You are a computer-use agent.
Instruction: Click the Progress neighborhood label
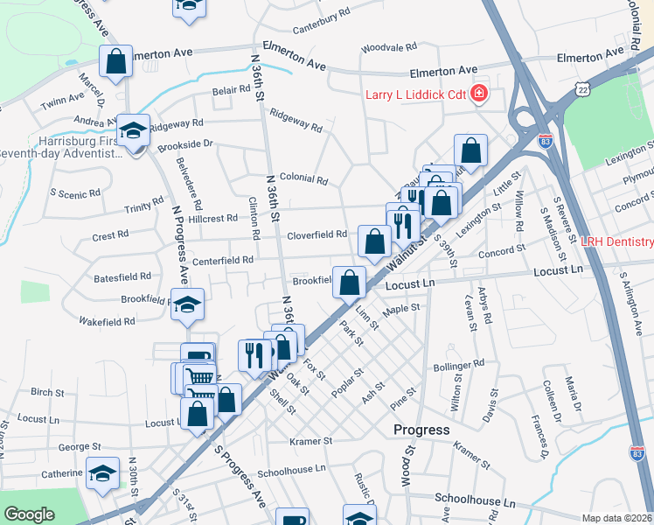click(421, 430)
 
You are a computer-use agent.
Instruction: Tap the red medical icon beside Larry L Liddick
click(479, 94)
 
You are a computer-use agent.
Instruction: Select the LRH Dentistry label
click(618, 241)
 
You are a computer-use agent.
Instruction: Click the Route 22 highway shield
click(582, 89)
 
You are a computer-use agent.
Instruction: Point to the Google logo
click(29, 514)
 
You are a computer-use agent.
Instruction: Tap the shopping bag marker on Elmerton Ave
click(115, 62)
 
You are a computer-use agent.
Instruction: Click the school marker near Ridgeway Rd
click(133, 130)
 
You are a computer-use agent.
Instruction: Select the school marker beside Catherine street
click(103, 473)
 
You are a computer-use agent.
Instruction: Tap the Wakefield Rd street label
click(106, 321)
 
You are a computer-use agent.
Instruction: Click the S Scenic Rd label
click(76, 192)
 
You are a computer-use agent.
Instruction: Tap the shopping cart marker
click(201, 378)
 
